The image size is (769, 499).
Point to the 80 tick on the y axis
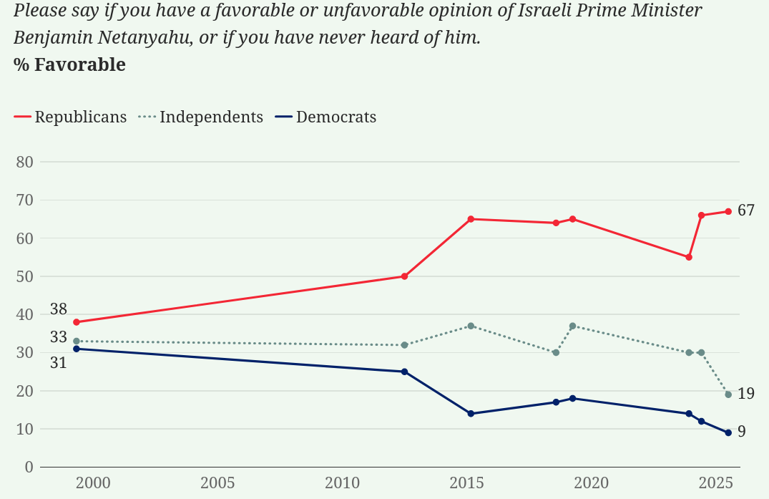point(24,162)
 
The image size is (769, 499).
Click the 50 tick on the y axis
point(24,276)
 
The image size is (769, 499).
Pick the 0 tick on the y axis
point(29,467)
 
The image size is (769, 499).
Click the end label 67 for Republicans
point(746,210)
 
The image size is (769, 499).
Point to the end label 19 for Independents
point(746,394)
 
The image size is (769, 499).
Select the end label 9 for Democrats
point(742,432)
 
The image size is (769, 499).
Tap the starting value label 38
point(59,310)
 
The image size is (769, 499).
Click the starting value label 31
point(59,363)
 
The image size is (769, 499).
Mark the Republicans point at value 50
point(404,276)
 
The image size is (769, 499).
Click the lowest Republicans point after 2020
point(689,257)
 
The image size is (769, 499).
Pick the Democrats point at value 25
point(404,372)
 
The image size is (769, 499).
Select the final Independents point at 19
point(728,394)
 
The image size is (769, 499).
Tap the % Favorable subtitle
point(69,65)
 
